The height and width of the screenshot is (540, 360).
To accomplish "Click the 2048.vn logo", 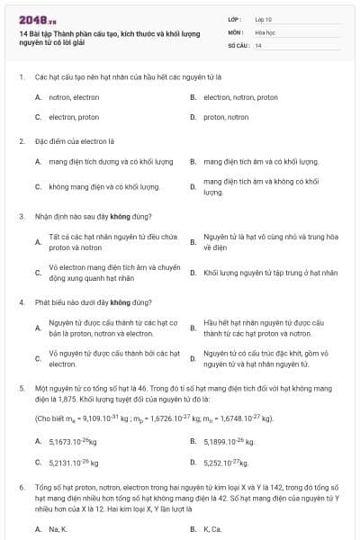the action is [32, 19].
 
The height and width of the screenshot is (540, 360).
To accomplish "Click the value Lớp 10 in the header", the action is [262, 19].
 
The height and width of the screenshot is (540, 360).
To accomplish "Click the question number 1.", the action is [21, 77].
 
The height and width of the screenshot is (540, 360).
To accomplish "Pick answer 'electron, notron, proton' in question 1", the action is [240, 97].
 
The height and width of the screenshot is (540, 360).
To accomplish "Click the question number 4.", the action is [21, 302].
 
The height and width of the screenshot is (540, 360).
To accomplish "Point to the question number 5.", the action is [21, 385].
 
